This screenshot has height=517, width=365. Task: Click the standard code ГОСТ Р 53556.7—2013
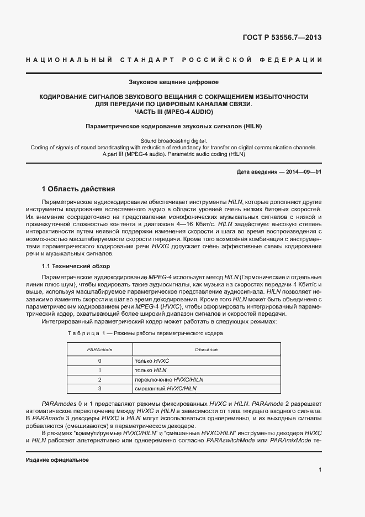[282, 38]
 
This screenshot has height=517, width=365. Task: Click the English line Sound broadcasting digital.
[173, 141]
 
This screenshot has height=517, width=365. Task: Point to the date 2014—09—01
[301, 172]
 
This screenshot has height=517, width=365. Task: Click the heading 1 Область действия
[78, 189]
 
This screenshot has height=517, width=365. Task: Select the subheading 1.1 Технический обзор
[76, 266]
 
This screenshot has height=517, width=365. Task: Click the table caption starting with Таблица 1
[145, 334]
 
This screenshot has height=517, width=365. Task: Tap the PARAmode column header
[100, 349]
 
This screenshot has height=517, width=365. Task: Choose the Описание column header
[206, 349]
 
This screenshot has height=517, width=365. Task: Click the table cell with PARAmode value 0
[100, 361]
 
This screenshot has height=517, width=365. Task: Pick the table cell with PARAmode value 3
[100, 389]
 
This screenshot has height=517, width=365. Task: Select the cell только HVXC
[152, 361]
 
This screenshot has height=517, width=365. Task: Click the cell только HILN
[151, 370]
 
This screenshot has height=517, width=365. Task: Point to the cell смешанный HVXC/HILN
[166, 389]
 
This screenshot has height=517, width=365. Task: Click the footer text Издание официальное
[57, 460]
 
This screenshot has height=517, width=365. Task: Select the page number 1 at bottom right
[320, 470]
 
